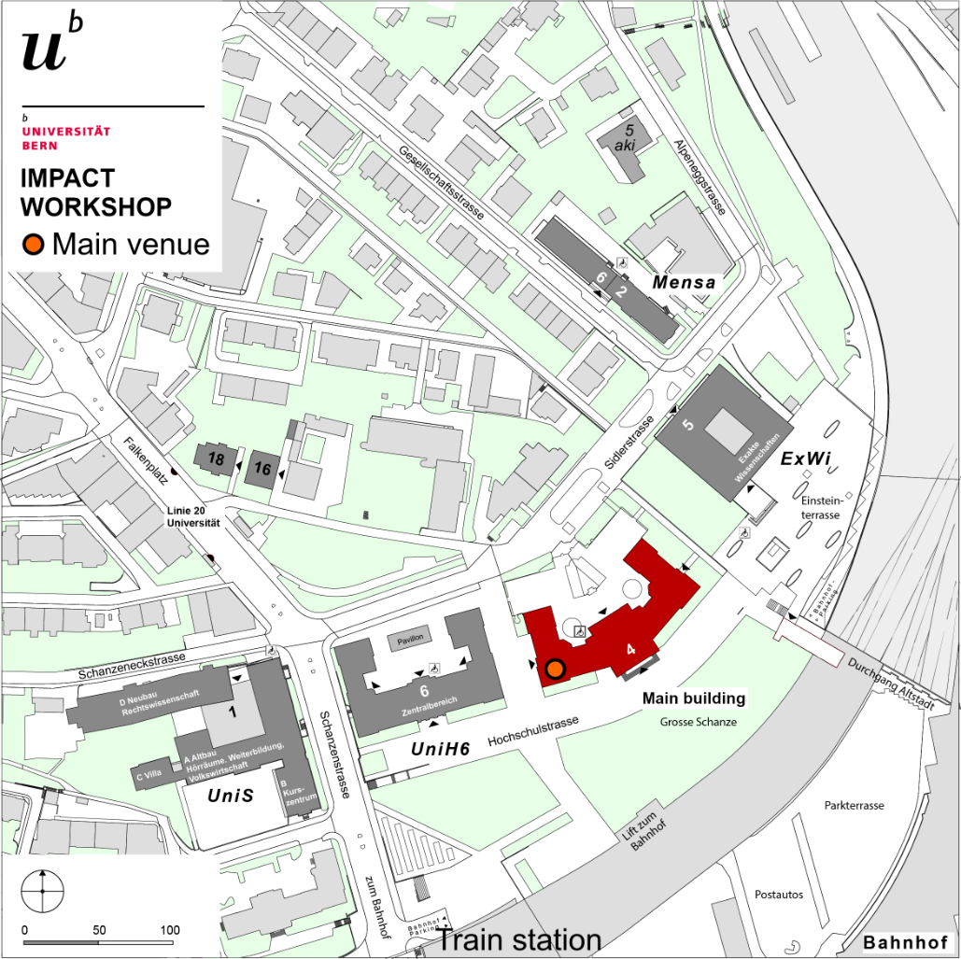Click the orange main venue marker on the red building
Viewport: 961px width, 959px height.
(555, 668)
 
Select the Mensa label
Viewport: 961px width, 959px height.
(685, 282)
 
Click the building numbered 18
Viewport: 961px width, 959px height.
(214, 458)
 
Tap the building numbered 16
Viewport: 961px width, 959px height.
(262, 468)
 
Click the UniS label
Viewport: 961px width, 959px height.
(231, 796)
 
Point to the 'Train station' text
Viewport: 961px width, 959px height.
(519, 939)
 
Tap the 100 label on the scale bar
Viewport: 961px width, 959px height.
(170, 930)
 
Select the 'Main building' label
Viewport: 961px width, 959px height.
(693, 698)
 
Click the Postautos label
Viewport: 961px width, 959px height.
(779, 895)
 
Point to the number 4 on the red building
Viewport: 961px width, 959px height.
(630, 648)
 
